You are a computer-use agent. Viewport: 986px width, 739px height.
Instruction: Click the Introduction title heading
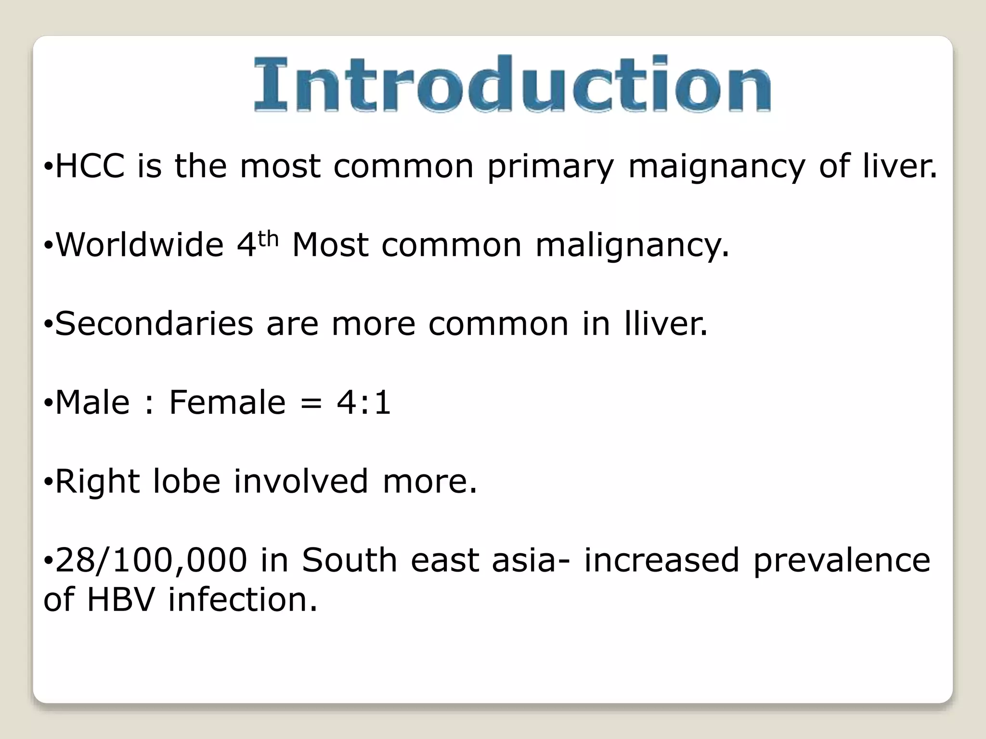pyautogui.click(x=512, y=85)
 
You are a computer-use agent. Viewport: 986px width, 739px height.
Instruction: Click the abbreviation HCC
pyautogui.click(x=90, y=166)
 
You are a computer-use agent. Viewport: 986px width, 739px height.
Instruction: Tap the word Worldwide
pyautogui.click(x=140, y=244)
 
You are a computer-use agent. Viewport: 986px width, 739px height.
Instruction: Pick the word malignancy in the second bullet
pyautogui.click(x=632, y=245)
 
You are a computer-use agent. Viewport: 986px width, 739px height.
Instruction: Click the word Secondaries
pyautogui.click(x=154, y=323)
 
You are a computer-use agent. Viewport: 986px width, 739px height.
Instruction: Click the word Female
pyautogui.click(x=227, y=402)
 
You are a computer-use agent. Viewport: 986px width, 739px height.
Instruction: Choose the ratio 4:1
pyautogui.click(x=363, y=402)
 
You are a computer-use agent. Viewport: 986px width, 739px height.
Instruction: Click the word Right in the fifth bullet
pyautogui.click(x=97, y=481)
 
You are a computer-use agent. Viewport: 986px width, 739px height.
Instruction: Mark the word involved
pyautogui.click(x=301, y=481)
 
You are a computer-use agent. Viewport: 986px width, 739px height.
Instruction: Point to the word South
pyautogui.click(x=349, y=560)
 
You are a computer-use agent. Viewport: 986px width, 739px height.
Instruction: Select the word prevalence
pyautogui.click(x=842, y=561)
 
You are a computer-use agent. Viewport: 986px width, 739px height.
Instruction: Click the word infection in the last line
pyautogui.click(x=243, y=599)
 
